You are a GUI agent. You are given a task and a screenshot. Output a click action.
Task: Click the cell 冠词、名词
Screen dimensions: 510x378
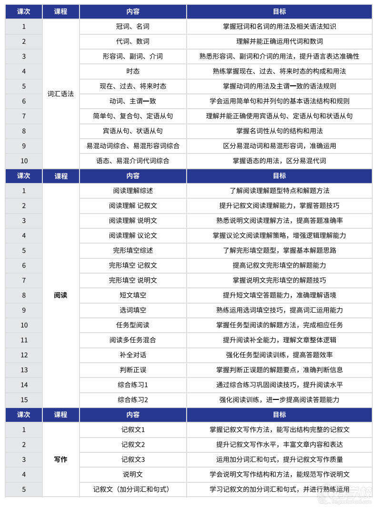133,27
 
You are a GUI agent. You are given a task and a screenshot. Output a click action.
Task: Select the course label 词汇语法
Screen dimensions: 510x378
60,94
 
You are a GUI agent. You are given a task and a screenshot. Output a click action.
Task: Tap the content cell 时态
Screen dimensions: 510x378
133,71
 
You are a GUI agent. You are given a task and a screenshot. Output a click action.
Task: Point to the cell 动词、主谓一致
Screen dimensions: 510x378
133,101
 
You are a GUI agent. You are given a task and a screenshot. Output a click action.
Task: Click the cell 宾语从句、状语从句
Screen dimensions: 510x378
133,131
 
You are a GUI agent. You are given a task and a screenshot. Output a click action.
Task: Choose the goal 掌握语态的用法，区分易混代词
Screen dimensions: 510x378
279,161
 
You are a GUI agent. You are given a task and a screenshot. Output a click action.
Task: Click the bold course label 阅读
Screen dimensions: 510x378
60,296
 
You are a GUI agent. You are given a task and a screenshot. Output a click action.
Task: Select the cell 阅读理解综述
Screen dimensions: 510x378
133,191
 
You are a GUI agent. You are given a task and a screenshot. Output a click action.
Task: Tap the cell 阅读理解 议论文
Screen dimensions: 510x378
133,236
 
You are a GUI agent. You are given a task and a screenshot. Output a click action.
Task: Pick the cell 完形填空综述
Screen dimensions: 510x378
133,251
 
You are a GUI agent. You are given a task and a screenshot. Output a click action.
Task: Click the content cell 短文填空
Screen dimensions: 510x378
133,296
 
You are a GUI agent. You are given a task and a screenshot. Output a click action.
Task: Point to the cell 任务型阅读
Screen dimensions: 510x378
133,326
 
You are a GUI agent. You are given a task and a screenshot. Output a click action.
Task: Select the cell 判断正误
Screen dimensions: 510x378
133,370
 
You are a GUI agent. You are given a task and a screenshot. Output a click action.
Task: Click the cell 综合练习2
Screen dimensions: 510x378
133,400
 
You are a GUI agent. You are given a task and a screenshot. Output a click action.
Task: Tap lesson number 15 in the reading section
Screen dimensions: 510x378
24,400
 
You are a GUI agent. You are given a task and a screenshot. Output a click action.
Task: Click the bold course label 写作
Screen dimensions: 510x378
60,460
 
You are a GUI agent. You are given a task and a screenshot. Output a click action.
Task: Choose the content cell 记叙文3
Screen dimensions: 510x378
133,460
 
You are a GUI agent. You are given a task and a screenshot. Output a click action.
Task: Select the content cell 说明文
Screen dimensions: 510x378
133,475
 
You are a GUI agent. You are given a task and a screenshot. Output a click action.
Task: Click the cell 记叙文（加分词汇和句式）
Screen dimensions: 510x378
133,490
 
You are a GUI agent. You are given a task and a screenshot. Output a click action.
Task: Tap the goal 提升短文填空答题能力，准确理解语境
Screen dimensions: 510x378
279,296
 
